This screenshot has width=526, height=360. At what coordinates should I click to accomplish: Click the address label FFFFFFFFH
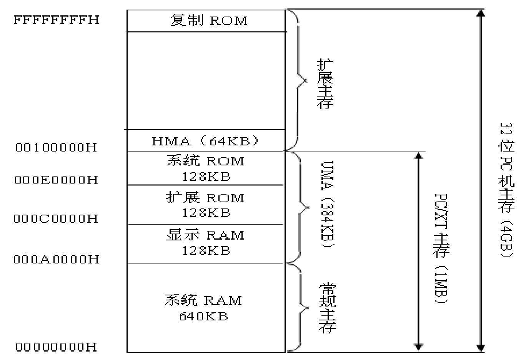57,20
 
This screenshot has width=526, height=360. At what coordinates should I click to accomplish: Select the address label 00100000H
57,147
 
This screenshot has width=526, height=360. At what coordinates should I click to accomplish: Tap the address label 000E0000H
57,180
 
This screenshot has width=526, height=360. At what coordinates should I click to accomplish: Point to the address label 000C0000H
57,219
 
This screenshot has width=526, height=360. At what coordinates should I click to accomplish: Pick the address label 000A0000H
57,259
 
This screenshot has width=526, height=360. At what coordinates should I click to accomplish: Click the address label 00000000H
57,347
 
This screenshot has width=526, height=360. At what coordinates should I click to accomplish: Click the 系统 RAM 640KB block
204,308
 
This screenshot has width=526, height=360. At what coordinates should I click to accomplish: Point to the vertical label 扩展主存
325,84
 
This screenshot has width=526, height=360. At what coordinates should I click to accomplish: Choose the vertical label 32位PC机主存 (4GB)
506,190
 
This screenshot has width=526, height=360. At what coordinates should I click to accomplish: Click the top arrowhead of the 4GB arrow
480,13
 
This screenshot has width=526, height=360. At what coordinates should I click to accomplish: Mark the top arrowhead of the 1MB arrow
419,156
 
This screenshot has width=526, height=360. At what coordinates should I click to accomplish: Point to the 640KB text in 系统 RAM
204,316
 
